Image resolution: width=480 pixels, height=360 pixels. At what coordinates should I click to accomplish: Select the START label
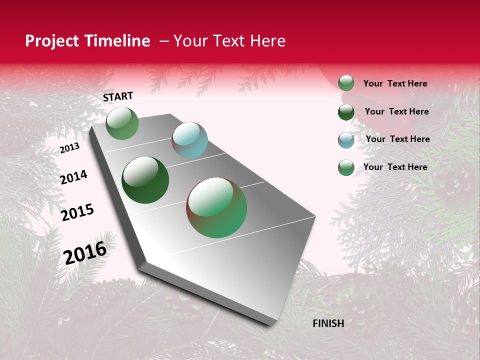(x=118, y=96)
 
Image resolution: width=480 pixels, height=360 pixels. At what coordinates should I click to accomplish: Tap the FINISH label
(x=328, y=323)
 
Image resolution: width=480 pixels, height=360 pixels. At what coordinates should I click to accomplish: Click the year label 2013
(x=69, y=148)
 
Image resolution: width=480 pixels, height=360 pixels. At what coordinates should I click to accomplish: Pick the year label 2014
(x=73, y=177)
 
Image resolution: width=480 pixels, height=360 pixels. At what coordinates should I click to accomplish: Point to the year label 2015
(x=77, y=212)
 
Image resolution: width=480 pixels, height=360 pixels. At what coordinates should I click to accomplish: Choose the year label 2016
(x=85, y=252)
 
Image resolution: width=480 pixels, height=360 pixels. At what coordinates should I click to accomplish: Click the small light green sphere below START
(x=122, y=123)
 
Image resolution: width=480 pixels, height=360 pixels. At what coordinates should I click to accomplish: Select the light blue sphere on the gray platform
(x=190, y=140)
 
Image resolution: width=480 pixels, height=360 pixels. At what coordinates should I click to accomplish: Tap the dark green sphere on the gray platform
(x=145, y=180)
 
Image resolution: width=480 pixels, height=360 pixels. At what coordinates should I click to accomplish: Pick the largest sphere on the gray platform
(x=216, y=207)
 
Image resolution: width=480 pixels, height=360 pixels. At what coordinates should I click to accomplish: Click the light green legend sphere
(x=346, y=83)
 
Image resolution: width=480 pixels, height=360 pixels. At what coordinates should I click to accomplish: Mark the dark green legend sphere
(x=346, y=112)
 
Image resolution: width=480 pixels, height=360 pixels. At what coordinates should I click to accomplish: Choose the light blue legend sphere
(x=346, y=140)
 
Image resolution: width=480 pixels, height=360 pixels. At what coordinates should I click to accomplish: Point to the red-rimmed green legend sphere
(x=346, y=167)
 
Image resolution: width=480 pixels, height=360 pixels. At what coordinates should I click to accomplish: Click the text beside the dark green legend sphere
(x=396, y=111)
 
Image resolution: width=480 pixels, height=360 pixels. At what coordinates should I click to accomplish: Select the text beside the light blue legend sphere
(x=397, y=139)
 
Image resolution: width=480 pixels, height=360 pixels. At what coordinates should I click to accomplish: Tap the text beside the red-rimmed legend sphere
(x=395, y=167)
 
